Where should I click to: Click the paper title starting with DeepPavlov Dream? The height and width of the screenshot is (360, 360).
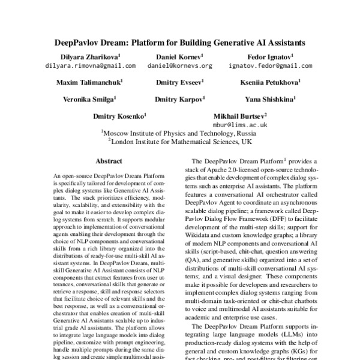tap(179, 43)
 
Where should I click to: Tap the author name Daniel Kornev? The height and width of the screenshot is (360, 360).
tap(179, 56)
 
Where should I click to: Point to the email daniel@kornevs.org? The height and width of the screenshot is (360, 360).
tap(179, 65)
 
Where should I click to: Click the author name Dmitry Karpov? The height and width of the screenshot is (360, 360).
tap(179, 97)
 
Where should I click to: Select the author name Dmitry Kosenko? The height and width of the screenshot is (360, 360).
tap(120, 114)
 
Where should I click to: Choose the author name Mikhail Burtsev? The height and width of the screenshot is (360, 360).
tap(240, 114)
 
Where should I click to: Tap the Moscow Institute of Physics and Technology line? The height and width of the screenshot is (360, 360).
tap(179, 133)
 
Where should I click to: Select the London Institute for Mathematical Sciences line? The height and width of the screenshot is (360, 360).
tap(179, 143)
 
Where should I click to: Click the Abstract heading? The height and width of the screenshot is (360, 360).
tap(109, 161)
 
